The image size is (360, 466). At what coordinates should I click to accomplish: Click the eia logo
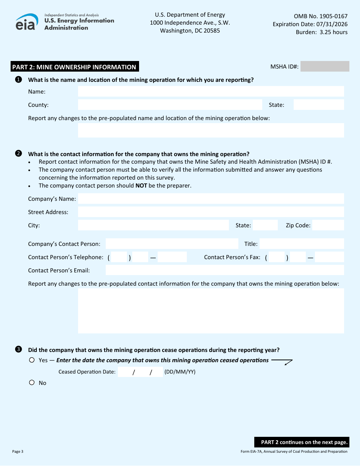[x=27, y=22]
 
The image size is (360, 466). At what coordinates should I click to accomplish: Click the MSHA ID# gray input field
[x=325, y=67]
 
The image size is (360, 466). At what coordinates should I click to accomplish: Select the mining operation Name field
[x=211, y=91]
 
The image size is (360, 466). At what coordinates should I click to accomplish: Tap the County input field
[x=170, y=105]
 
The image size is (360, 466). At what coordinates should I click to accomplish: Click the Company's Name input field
[x=211, y=199]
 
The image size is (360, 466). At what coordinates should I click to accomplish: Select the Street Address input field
[x=211, y=212]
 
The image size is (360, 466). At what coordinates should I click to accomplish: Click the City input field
[x=153, y=225]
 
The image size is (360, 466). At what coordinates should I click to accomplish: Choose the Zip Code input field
[x=328, y=225]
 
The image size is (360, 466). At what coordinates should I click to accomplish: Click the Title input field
[x=302, y=244]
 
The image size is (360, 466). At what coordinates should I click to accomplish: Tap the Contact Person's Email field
[x=225, y=270]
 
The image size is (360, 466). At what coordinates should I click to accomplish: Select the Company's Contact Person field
[x=172, y=244]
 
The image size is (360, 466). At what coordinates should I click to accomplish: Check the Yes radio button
[x=32, y=360]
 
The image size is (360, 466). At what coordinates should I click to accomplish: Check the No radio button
[x=32, y=383]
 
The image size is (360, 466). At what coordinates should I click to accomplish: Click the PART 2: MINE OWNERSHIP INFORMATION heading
[x=74, y=67]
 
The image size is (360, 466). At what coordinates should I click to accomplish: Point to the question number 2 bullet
[x=18, y=154]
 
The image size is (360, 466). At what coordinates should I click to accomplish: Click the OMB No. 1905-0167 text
[x=321, y=16]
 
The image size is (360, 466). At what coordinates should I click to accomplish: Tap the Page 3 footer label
[x=18, y=451]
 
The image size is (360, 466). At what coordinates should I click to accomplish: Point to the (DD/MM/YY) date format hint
[x=180, y=372]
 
